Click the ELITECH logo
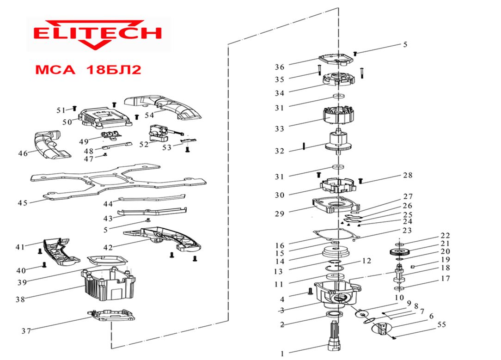(x=98, y=34)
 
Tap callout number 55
(x=441, y=325)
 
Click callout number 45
(x=22, y=202)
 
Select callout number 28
(x=407, y=175)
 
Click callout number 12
(x=366, y=261)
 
